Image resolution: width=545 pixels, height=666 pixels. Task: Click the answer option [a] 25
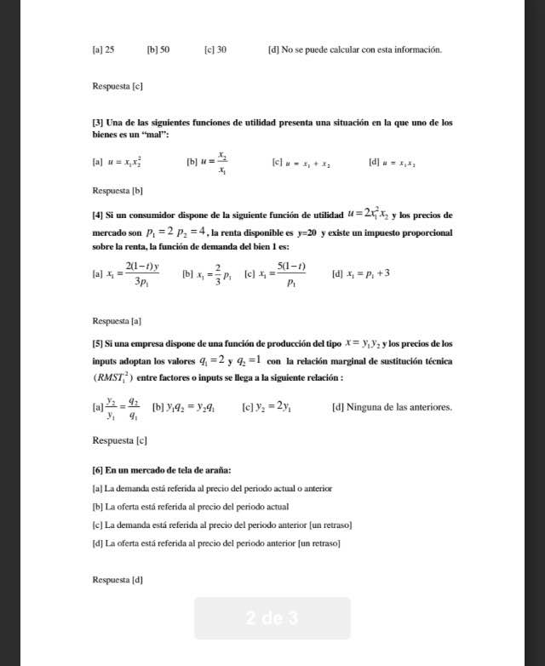103,50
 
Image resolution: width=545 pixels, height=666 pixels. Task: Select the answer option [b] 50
158,50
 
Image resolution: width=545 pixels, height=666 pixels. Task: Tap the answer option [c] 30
215,50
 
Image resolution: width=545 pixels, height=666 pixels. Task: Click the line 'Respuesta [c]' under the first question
117,87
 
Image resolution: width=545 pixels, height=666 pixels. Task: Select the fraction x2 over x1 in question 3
221,163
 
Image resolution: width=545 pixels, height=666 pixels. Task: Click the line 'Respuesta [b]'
117,191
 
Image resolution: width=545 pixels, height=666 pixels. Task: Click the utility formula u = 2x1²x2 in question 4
368,213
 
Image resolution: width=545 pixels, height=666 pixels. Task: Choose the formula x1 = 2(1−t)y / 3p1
135,274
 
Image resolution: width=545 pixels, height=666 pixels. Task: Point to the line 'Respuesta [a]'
117,321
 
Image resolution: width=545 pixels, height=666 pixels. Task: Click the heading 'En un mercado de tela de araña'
168,470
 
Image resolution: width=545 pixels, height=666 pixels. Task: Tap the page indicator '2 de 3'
272,618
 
